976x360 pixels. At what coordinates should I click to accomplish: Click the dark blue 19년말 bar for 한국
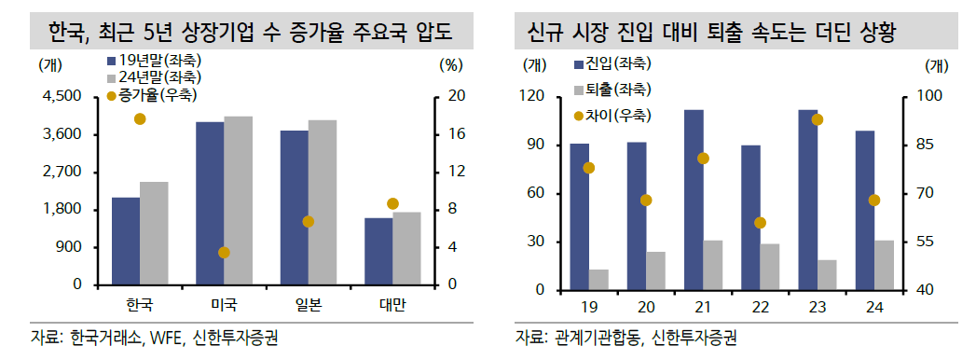[125, 241]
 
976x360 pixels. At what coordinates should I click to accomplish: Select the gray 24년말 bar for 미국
[238, 201]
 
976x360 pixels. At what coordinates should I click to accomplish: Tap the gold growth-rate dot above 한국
[140, 118]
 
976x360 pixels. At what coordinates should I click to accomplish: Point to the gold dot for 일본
[309, 221]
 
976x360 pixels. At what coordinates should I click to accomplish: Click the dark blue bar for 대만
[378, 251]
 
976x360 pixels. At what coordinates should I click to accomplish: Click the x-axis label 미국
[224, 305]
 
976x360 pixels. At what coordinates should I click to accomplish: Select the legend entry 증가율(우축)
[158, 95]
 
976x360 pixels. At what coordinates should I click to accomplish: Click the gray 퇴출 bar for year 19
[598, 280]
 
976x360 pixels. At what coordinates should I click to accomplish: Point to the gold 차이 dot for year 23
[818, 119]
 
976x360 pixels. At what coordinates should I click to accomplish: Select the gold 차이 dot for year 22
[760, 223]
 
